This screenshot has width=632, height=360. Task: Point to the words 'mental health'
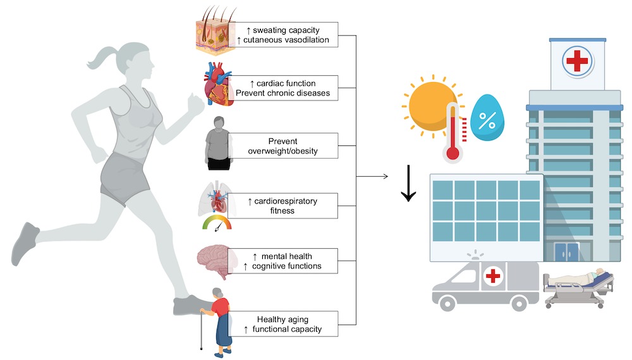click(x=291, y=256)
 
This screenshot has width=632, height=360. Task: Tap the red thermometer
click(x=452, y=133)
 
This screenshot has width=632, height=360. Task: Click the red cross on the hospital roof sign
click(x=576, y=62)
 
